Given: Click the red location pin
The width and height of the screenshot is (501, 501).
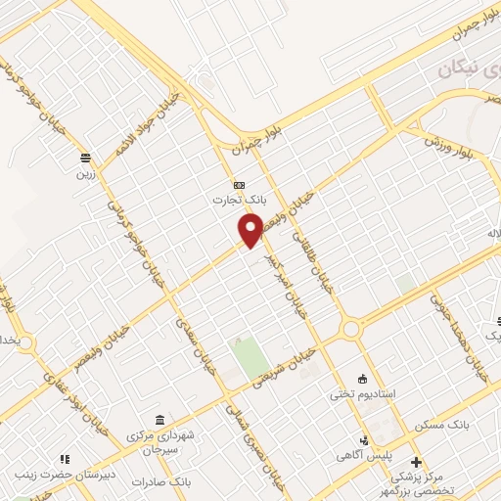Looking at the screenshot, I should tap(251, 230).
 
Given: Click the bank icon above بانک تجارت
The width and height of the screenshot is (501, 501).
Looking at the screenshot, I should tap(240, 185).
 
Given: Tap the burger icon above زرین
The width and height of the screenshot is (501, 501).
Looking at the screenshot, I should tap(87, 158).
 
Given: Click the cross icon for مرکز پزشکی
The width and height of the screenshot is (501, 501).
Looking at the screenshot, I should tap(416, 462).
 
